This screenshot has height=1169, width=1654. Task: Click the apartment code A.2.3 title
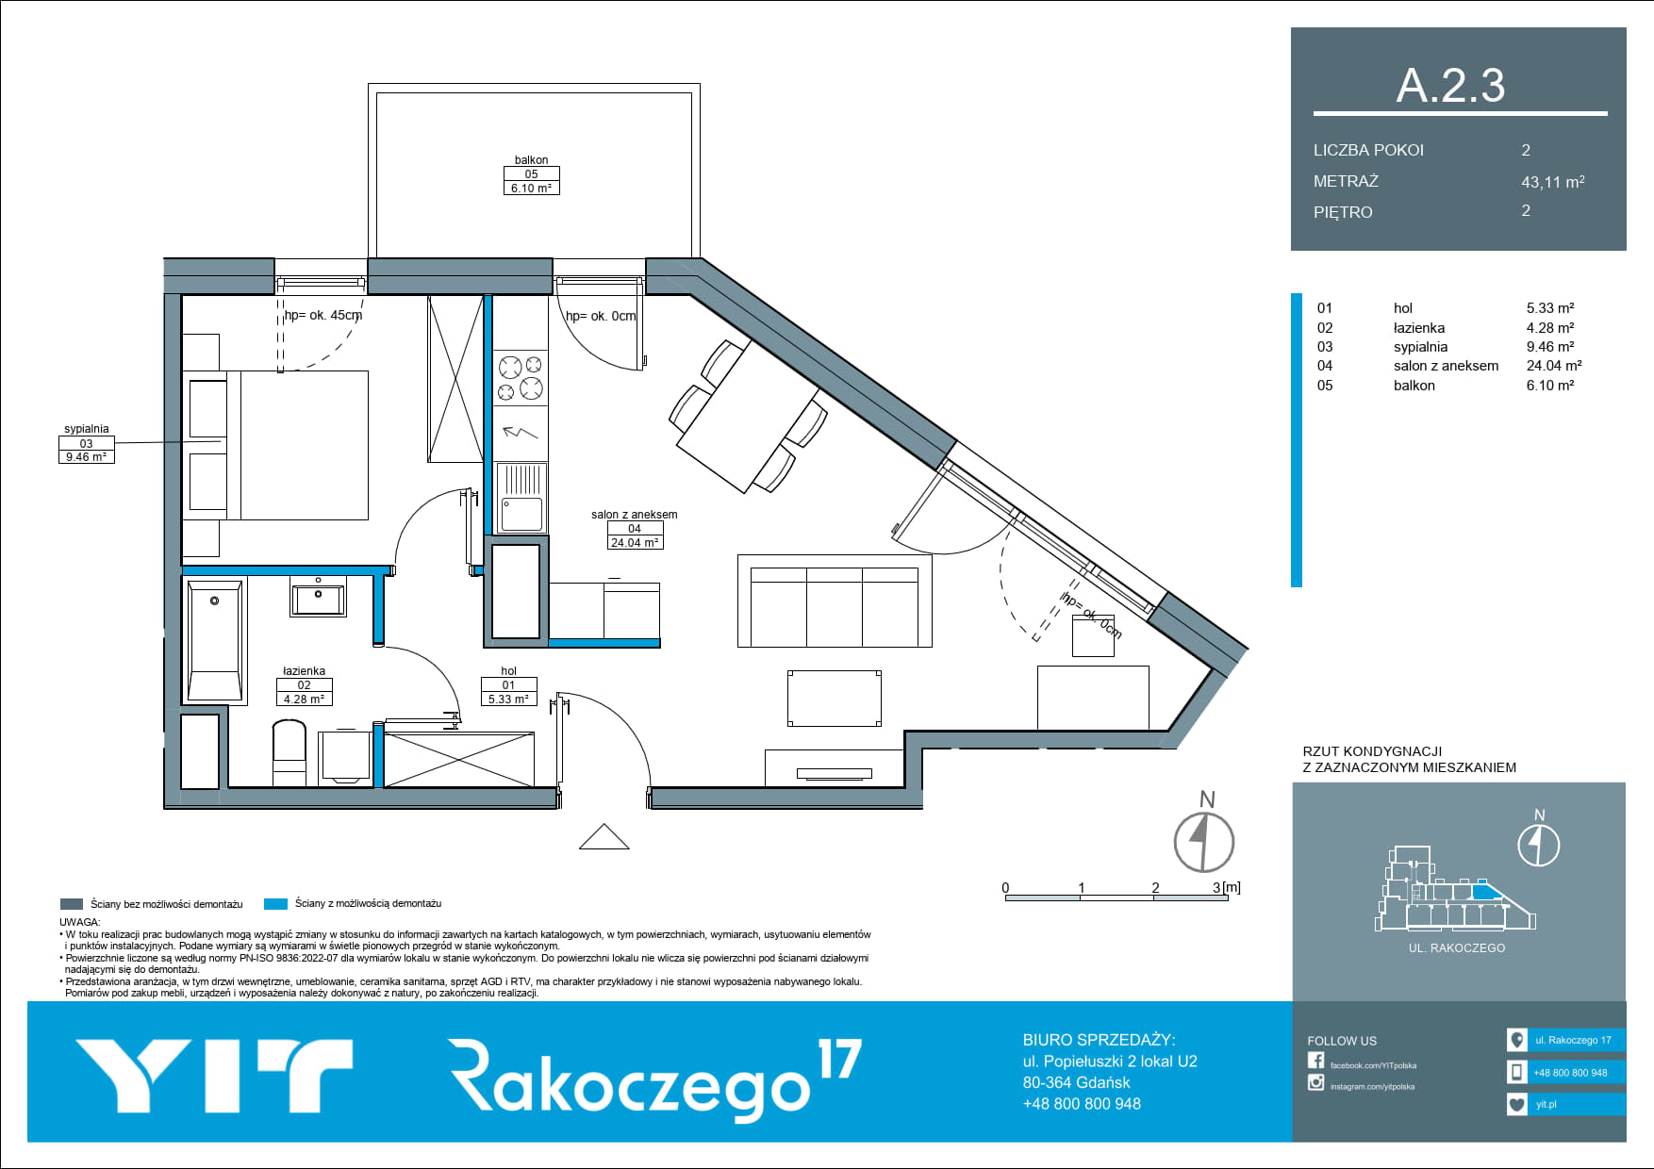[x=1450, y=85]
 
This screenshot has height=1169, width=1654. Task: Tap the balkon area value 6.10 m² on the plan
[x=531, y=188]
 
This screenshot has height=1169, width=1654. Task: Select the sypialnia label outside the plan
[x=86, y=429]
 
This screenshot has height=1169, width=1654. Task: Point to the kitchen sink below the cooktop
[x=521, y=498]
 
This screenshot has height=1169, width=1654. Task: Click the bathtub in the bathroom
[x=215, y=641]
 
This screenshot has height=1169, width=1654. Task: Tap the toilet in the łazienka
[x=289, y=752]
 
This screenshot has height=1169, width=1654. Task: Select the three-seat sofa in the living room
[x=835, y=601]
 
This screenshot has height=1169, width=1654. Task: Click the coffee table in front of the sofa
[x=834, y=698]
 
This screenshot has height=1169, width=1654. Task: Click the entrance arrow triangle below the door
[x=604, y=837]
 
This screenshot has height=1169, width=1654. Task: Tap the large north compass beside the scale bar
[x=1204, y=841]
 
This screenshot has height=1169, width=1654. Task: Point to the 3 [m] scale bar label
[x=1226, y=887]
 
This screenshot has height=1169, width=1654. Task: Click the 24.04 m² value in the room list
[x=1554, y=366]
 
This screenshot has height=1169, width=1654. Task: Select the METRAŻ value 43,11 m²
[x=1552, y=181]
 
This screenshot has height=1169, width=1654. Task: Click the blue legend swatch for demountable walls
[x=275, y=904]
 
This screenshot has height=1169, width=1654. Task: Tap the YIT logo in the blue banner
[x=214, y=1076]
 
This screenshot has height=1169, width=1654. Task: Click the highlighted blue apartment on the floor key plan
[x=1485, y=891]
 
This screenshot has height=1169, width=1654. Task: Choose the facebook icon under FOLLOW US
[x=1315, y=1061]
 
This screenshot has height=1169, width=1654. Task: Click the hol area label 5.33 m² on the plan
[x=508, y=699]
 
